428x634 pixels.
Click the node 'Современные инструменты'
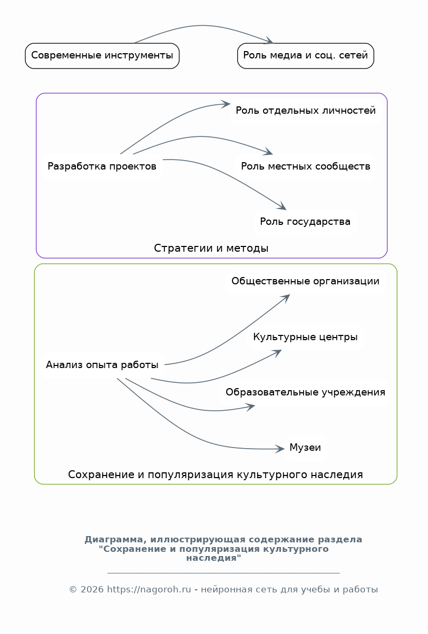click(x=102, y=56)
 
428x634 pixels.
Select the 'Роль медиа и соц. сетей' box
click(x=306, y=56)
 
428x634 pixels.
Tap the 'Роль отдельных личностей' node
click(x=306, y=111)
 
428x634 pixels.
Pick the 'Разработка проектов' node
click(x=102, y=167)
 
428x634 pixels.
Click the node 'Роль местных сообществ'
click(x=306, y=167)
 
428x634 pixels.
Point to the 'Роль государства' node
click(x=305, y=222)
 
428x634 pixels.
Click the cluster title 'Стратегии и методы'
click(x=211, y=249)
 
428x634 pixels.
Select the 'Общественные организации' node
click(x=305, y=282)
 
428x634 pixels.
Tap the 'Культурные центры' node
click(x=305, y=338)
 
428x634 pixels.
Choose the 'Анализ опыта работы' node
click(x=102, y=365)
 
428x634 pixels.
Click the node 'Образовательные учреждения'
click(x=305, y=393)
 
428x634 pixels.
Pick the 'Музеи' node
click(x=305, y=449)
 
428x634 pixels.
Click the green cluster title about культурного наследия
click(x=216, y=475)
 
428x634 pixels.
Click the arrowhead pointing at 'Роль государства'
click(x=283, y=207)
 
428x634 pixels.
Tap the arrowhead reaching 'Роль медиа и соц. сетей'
click(x=270, y=42)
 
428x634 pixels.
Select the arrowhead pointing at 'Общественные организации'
click(x=287, y=296)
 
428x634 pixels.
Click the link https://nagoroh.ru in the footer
click(x=149, y=590)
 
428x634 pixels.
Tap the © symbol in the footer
click(x=73, y=590)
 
